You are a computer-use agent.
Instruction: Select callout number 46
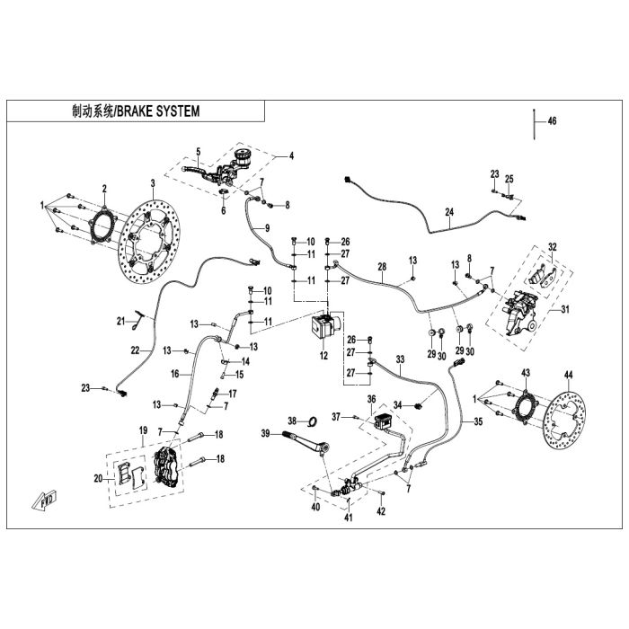tap(552, 120)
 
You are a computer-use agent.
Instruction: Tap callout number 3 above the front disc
tap(153, 182)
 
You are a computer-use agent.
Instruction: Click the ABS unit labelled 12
tap(324, 327)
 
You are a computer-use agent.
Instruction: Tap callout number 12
tap(324, 357)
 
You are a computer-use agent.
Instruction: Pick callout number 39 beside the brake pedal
tap(265, 434)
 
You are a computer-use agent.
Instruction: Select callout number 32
tap(553, 246)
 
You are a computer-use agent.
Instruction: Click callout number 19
tap(143, 433)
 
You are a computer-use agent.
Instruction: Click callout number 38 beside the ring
tap(291, 421)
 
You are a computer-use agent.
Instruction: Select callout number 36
tap(370, 398)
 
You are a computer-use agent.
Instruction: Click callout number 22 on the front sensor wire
tap(135, 349)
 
